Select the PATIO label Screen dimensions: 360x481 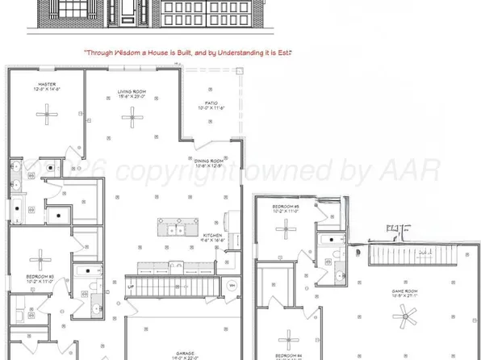click(x=209, y=104)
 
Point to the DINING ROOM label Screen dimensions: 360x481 click(x=209, y=161)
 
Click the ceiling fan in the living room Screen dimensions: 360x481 click(x=131, y=119)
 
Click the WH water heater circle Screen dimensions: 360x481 click(x=232, y=284)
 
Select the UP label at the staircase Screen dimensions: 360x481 click(x=131, y=285)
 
